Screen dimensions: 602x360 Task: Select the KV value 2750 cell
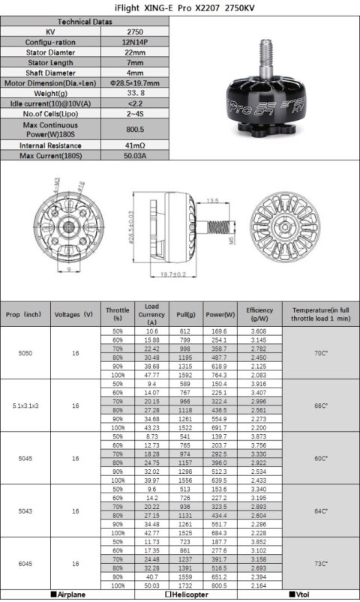135,32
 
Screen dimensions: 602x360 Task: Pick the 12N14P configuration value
135,43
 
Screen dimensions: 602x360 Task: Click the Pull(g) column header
184,313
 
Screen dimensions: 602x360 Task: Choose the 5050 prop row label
25,352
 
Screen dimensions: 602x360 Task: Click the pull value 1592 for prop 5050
184,374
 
